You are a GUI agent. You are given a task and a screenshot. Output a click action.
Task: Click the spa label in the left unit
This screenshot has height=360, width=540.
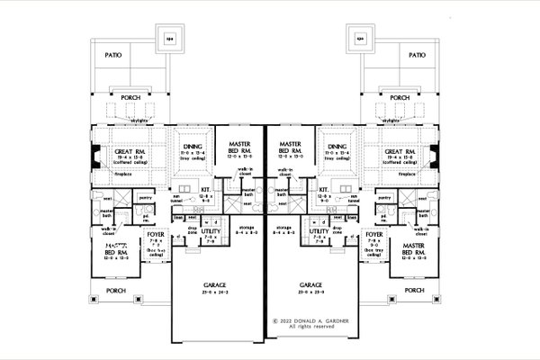pyautogui.click(x=171, y=39)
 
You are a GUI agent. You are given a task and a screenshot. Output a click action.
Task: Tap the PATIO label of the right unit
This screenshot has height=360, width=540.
pyautogui.click(x=416, y=55)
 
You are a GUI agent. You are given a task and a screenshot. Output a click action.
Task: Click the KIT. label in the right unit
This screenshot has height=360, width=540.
pyautogui.click(x=322, y=190)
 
